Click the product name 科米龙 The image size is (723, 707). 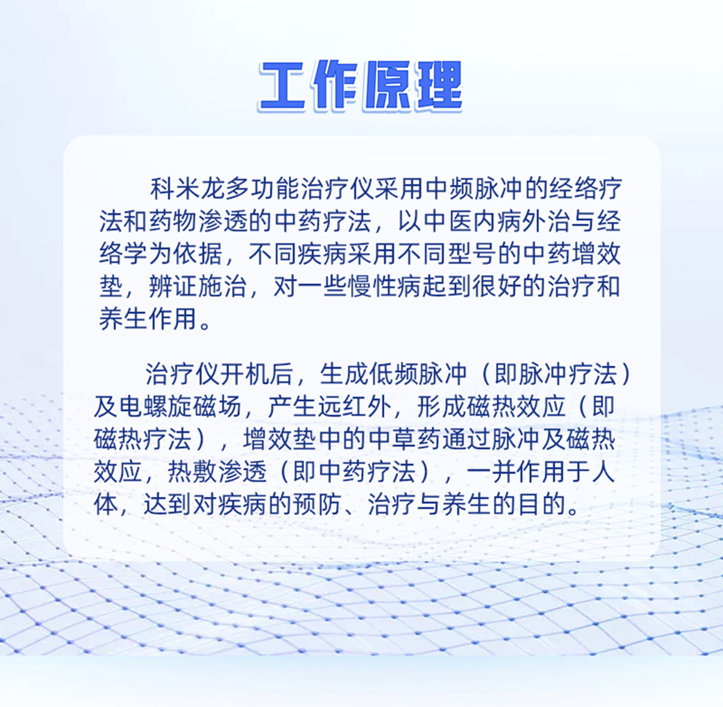(x=187, y=189)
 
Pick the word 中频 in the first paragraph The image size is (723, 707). (x=449, y=189)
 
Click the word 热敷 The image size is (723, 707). (x=192, y=471)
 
